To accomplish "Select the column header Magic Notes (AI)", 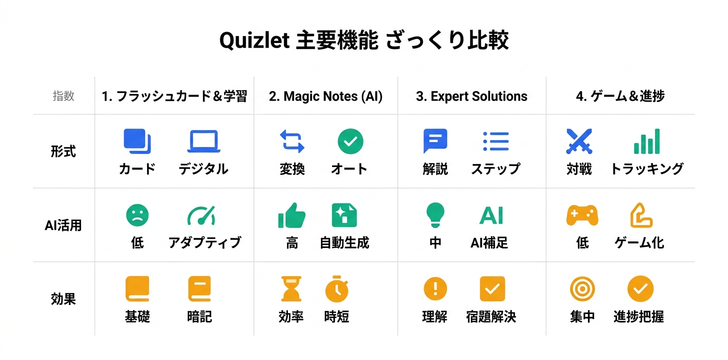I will [x=325, y=96].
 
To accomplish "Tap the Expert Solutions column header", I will [x=471, y=96].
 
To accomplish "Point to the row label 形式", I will [x=63, y=151].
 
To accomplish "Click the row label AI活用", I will [x=63, y=225].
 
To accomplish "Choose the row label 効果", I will [x=63, y=299].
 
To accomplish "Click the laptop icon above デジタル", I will [x=203, y=141].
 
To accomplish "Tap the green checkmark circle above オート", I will [x=350, y=141].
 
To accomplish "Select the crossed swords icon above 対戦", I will [x=579, y=141].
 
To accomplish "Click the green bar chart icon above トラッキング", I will [x=646, y=141].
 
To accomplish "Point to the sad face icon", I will [x=137, y=215].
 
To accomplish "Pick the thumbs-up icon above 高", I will [x=291, y=215].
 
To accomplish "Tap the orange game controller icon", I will [x=582, y=215].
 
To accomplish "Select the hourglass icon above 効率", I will [x=291, y=289].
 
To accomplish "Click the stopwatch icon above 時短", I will [x=336, y=289].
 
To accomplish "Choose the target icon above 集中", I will [x=582, y=289].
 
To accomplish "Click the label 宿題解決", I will [x=490, y=316].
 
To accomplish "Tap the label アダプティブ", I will [x=204, y=243].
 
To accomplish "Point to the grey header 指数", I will [x=63, y=96].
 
